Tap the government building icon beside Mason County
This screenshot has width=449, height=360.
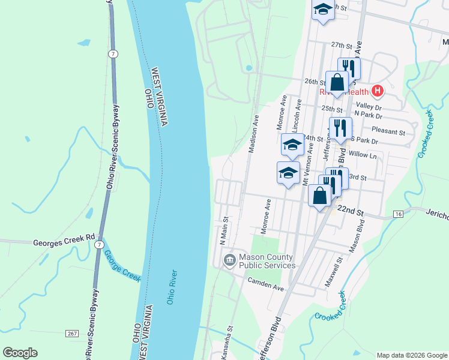(x=229, y=260)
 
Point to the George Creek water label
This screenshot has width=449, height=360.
(x=122, y=266)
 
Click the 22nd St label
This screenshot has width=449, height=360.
(x=351, y=211)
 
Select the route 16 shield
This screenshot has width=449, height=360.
(x=397, y=214)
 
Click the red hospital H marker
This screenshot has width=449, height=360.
(x=377, y=91)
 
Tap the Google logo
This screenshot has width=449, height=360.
(x=20, y=353)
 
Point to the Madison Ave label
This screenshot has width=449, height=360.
(x=255, y=133)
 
